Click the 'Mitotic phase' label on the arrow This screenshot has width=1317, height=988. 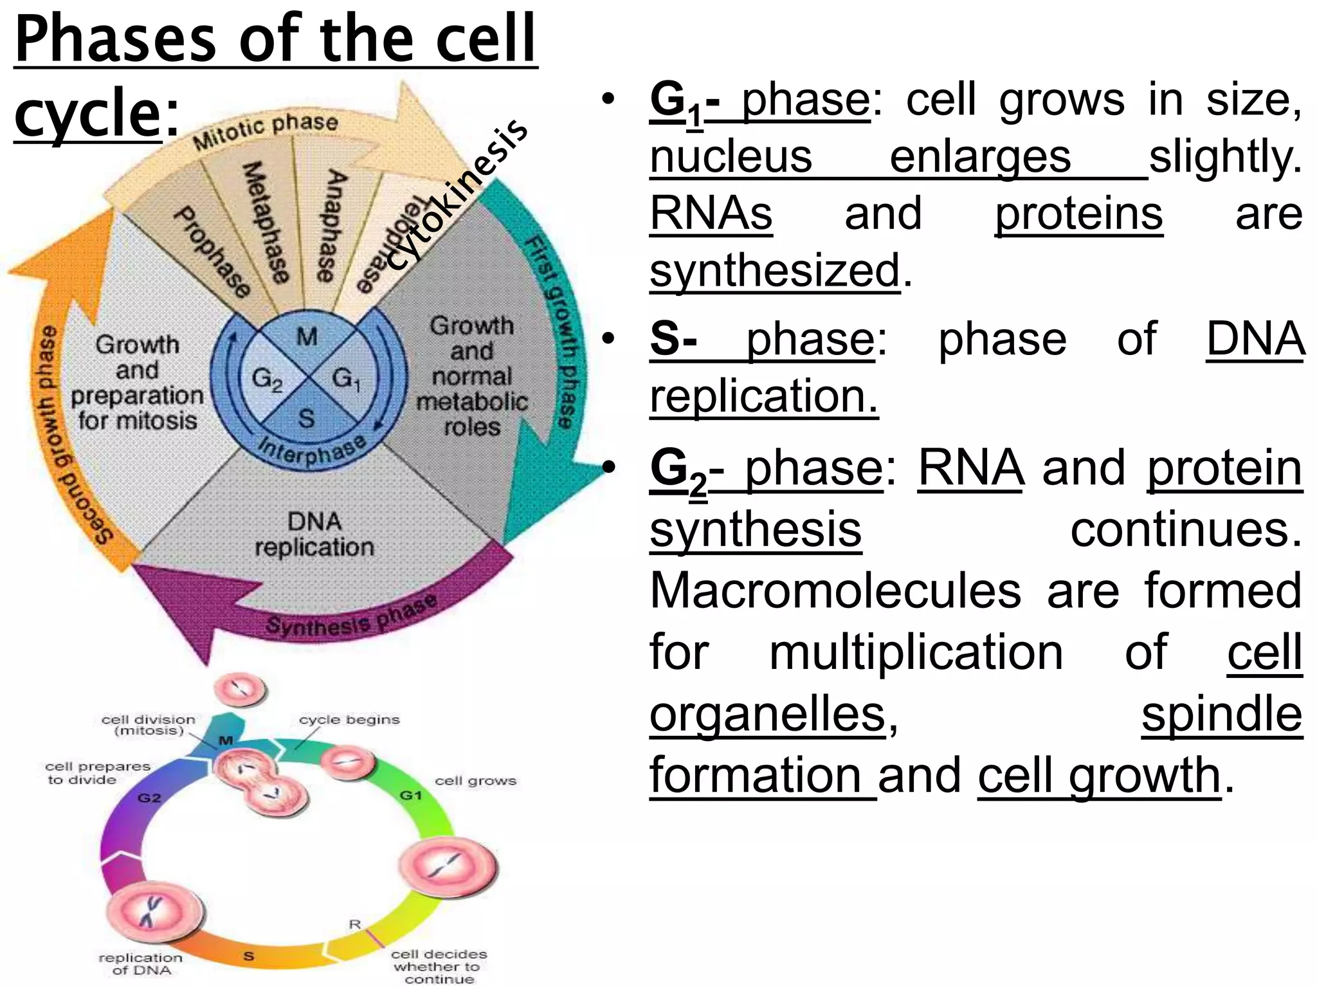[x=266, y=131]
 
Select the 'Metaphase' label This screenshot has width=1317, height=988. [x=264, y=222]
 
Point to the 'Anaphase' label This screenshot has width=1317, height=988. [x=331, y=225]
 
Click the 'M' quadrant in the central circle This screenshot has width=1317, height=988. [x=307, y=336]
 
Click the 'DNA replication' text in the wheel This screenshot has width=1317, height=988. [x=314, y=534]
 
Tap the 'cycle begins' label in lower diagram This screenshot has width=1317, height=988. [x=349, y=720]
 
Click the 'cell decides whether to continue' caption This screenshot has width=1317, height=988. [x=439, y=966]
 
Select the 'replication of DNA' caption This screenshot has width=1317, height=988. [x=140, y=964]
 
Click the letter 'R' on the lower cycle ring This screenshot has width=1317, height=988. [x=355, y=924]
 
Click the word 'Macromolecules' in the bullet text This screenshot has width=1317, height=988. [x=835, y=590]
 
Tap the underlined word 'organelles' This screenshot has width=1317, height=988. [x=768, y=714]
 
